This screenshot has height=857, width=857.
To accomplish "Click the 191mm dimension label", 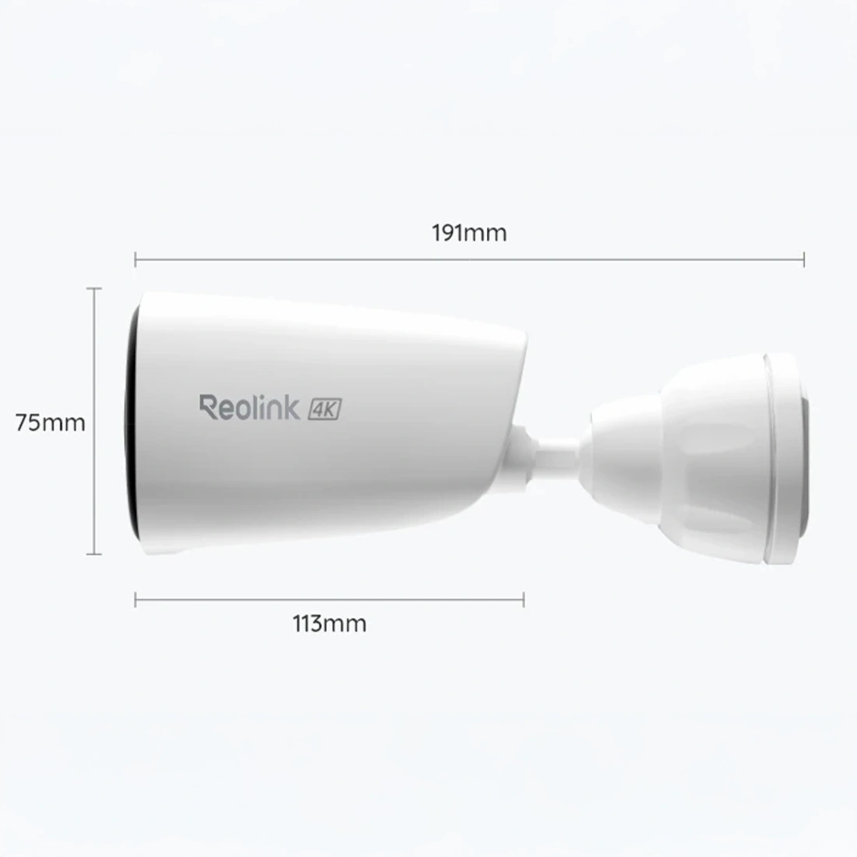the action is (x=470, y=234).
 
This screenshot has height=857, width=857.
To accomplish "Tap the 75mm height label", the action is (x=51, y=423).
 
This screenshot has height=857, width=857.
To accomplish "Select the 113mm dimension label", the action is (x=330, y=623).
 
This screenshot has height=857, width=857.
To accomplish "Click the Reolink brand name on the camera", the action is (x=250, y=407).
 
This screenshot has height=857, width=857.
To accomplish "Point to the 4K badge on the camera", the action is (x=325, y=409).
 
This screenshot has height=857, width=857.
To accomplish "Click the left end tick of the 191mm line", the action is (x=136, y=259).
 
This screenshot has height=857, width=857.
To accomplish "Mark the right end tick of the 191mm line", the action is (x=804, y=259).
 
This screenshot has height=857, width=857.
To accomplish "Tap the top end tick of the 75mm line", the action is (x=94, y=288).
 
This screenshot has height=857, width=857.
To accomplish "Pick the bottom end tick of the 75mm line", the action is (x=94, y=554).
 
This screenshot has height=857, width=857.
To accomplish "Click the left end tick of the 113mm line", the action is (x=136, y=600).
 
